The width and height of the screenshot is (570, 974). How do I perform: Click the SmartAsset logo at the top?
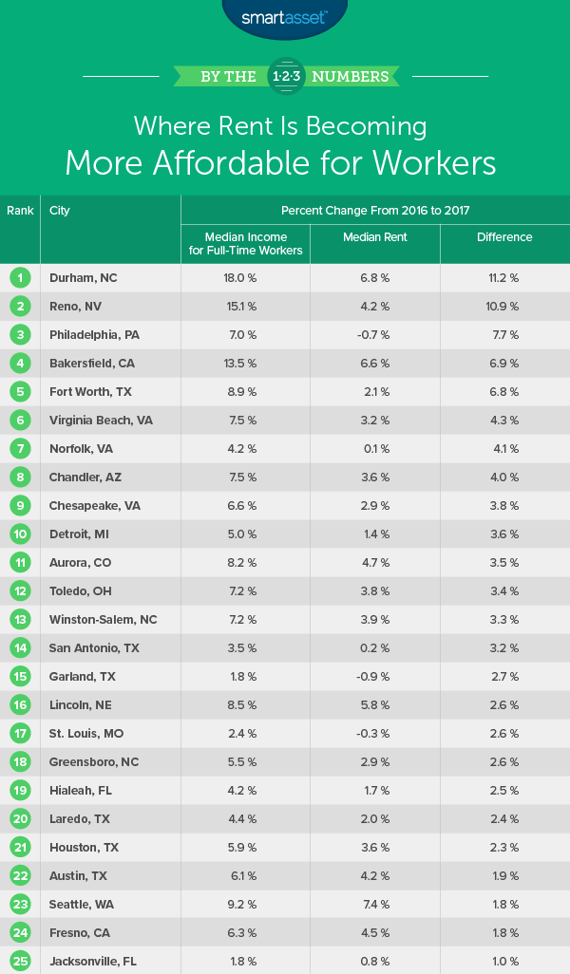pyautogui.click(x=285, y=16)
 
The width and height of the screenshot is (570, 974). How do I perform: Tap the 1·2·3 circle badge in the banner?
pyautogui.click(x=285, y=75)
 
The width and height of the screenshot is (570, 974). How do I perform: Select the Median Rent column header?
pyautogui.click(x=374, y=237)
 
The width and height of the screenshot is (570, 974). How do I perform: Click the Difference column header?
pyautogui.click(x=504, y=237)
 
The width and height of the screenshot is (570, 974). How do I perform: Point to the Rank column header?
pyautogui.click(x=18, y=210)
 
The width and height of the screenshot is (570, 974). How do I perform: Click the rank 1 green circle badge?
pyautogui.click(x=19, y=278)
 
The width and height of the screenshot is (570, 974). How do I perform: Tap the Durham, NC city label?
pyautogui.click(x=83, y=278)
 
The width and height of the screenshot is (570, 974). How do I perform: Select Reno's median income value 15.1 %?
pyautogui.click(x=244, y=307)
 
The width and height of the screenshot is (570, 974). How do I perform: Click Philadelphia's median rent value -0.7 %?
pyautogui.click(x=374, y=335)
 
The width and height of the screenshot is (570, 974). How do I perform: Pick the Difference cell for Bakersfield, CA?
pyautogui.click(x=504, y=364)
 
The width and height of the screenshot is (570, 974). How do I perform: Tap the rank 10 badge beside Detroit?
pyautogui.click(x=19, y=534)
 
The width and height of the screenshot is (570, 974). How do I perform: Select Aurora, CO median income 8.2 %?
pyautogui.click(x=244, y=563)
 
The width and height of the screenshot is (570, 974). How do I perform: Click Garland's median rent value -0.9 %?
pyautogui.click(x=374, y=677)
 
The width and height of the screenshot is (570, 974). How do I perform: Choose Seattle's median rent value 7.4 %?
pyautogui.click(x=374, y=905)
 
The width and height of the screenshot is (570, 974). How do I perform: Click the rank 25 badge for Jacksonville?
pyautogui.click(x=19, y=961)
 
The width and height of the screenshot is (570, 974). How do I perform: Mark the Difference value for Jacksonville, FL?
pyautogui.click(x=504, y=961)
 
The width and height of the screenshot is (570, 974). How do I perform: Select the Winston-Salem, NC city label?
pyautogui.click(x=103, y=620)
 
